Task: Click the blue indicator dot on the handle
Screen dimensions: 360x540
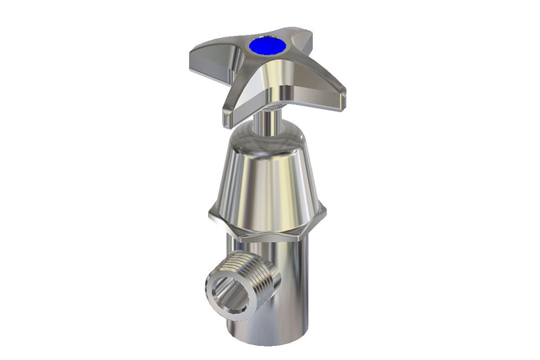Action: coord(268,46)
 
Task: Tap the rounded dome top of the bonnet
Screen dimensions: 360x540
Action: coord(268,137)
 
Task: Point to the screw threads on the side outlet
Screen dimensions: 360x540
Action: coord(256,270)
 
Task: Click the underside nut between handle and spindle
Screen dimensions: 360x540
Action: coord(275,105)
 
